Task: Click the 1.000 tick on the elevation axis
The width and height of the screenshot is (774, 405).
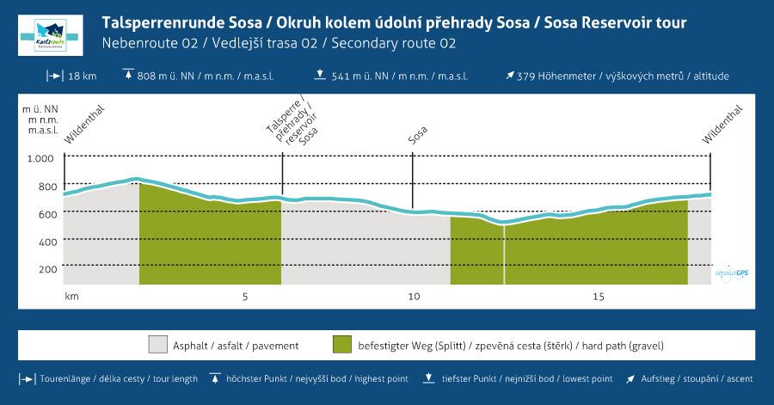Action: (x=40, y=158)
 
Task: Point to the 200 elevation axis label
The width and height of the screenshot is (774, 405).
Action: (x=46, y=269)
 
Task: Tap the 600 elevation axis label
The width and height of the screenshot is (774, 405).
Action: (x=46, y=214)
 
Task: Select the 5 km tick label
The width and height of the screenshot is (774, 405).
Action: (x=245, y=297)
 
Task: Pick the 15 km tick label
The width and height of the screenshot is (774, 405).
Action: (x=599, y=297)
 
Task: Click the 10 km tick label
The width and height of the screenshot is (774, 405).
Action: (x=414, y=297)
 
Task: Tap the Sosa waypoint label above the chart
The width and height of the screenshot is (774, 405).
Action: (x=418, y=136)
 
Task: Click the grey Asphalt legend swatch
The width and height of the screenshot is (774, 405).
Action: (x=158, y=346)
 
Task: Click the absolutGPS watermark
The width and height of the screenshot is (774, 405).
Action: (x=731, y=271)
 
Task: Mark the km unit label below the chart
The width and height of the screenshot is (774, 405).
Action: (x=71, y=297)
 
